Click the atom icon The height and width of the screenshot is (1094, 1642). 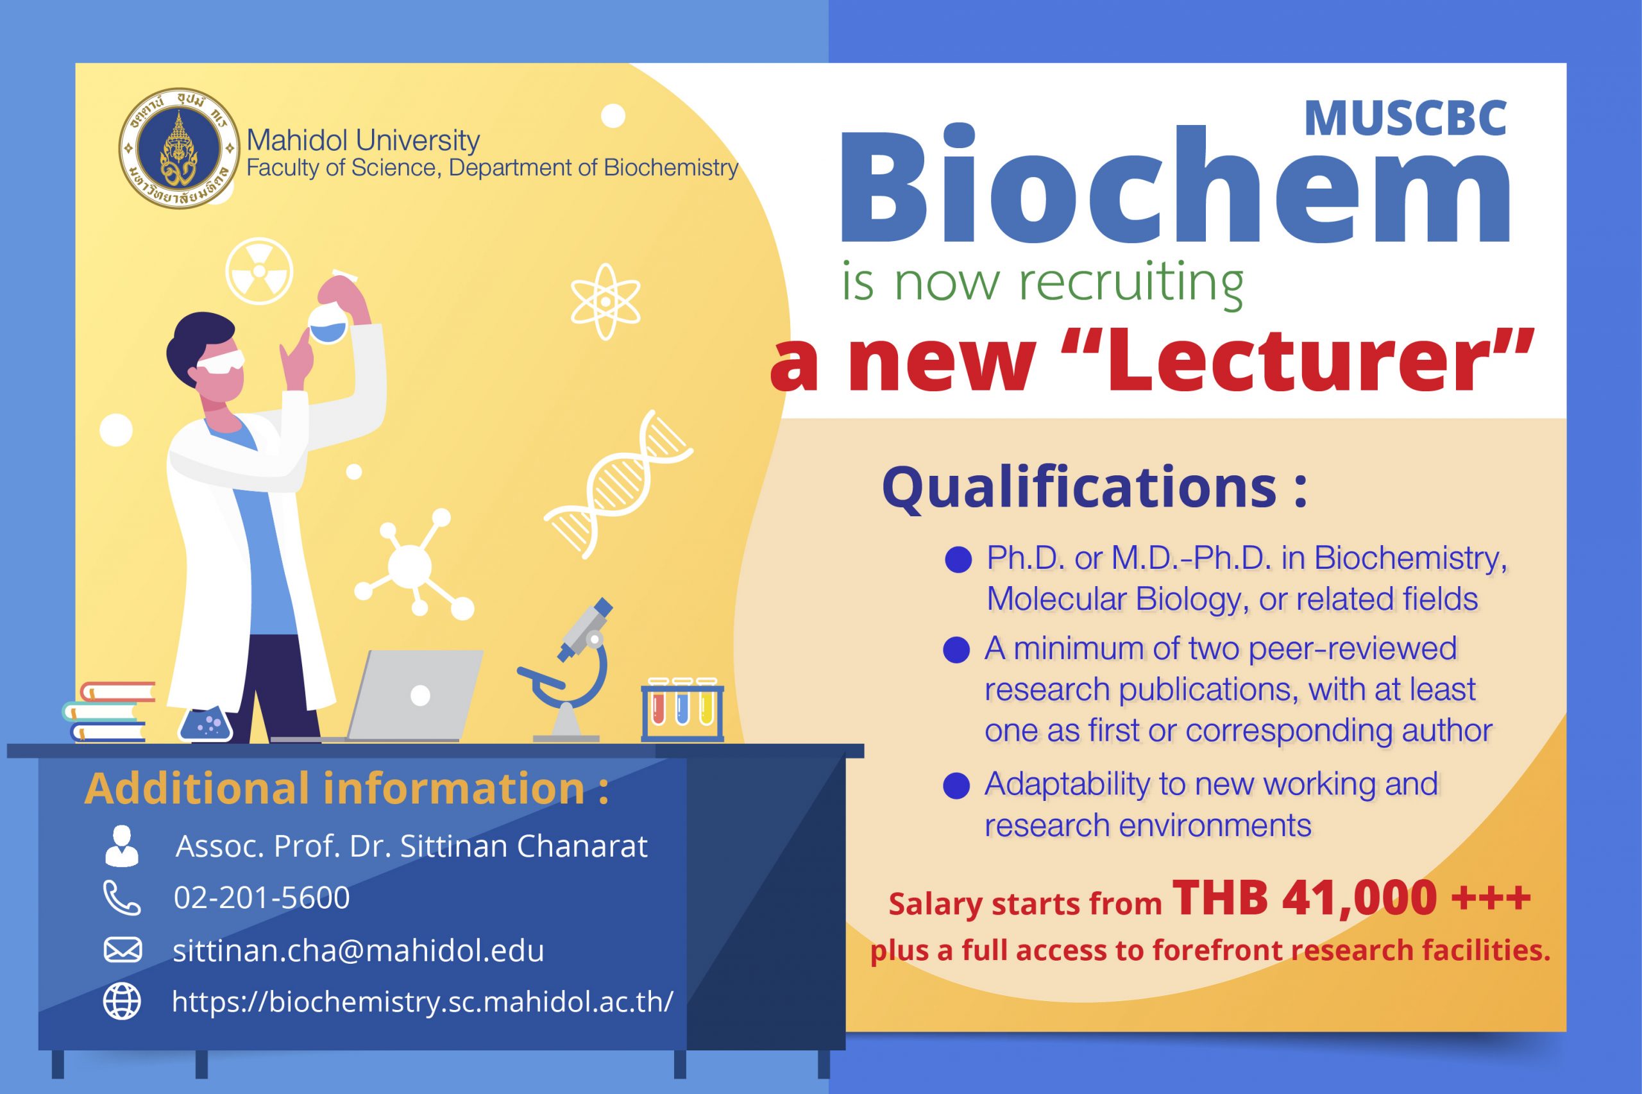pos(605,301)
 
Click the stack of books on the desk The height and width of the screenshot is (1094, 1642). pos(108,711)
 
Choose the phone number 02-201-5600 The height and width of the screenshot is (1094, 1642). pos(262,898)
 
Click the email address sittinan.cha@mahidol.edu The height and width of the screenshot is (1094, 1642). pos(359,950)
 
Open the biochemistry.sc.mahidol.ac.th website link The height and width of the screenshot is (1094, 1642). pos(423,1002)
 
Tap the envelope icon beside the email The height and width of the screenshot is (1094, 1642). pos(123,950)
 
